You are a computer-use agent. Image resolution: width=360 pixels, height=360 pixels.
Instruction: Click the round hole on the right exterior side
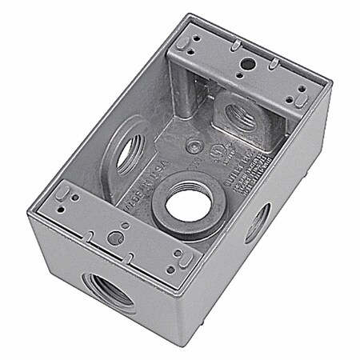(258, 222)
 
